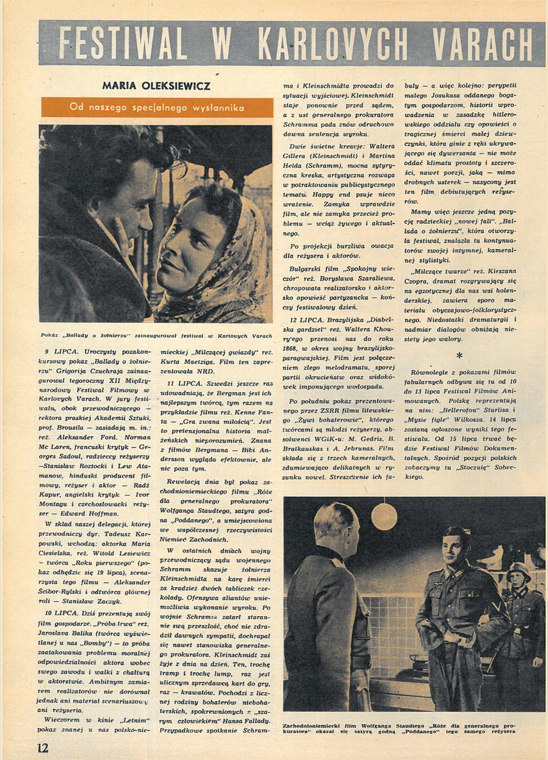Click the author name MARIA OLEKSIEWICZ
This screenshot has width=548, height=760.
pos(156,85)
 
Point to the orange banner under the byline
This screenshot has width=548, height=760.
pos(157,108)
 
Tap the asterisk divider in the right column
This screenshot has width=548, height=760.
pos(459,355)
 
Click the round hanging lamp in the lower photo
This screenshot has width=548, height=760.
pos(384,515)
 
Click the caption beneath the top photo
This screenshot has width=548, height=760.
pos(156,335)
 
